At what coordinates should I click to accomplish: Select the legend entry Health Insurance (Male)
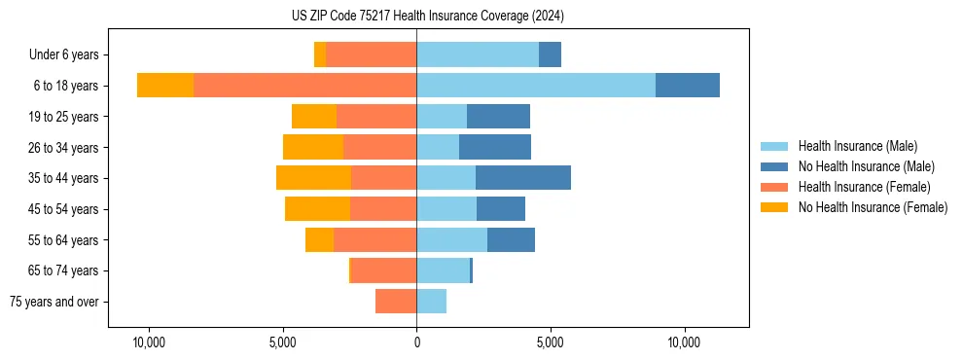pos(857,146)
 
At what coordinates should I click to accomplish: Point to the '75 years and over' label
pos(54,302)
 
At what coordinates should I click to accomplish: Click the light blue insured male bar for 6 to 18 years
pos(536,86)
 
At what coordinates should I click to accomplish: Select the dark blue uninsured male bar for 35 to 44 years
pos(523,178)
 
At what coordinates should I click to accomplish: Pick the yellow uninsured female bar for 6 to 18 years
pos(165,86)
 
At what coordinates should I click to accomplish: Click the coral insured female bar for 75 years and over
pos(396,302)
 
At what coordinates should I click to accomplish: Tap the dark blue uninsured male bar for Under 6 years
pos(550,55)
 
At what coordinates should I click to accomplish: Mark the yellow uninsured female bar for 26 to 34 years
pos(313,147)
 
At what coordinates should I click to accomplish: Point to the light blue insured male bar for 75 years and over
pos(431,302)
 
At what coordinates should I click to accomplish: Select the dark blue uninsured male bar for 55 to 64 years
pos(511,239)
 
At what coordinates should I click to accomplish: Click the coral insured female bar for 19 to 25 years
pos(376,117)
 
